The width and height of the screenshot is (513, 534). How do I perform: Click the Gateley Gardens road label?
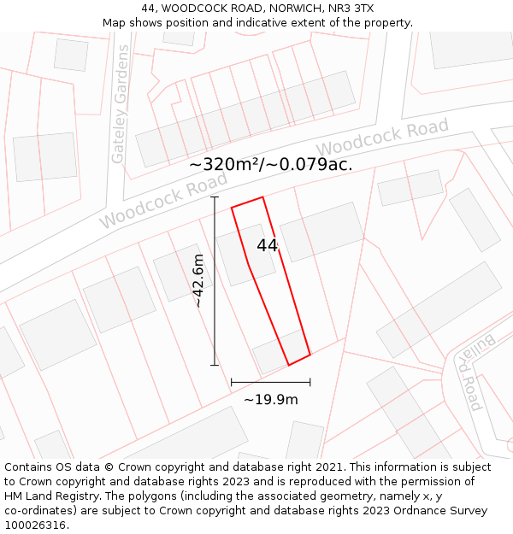point(120,104)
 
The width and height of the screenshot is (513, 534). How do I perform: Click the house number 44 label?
point(268,245)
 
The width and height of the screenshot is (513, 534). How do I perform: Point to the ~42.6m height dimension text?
point(198,280)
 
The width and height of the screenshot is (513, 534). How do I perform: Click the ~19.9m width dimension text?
point(271,399)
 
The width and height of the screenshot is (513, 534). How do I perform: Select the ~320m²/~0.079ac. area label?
point(270,164)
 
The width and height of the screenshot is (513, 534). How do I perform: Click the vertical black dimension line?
point(215,281)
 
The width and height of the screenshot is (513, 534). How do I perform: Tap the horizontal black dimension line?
point(270,382)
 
